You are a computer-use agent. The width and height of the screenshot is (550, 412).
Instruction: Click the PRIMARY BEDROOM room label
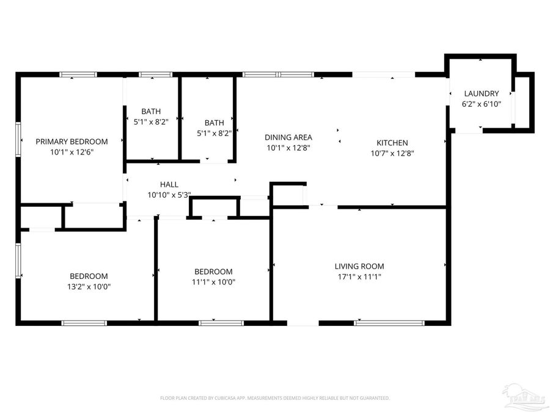coord(71,142)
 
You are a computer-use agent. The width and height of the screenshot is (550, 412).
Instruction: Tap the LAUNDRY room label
coord(481,93)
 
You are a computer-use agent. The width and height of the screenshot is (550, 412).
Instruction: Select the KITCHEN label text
coord(392,143)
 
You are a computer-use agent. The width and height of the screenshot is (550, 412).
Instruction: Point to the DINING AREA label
coord(288,137)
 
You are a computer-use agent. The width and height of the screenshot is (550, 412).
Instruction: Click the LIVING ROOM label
coord(359,266)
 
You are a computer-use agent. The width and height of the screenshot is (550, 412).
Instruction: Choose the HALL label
coord(169,184)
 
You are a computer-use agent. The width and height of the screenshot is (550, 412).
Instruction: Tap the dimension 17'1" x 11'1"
coord(359,276)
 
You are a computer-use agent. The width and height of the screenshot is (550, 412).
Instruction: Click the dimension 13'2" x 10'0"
coord(89,286)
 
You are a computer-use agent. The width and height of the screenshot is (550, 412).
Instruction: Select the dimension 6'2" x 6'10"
coord(481,104)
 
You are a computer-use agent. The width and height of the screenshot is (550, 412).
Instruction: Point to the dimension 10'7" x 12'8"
coord(392,153)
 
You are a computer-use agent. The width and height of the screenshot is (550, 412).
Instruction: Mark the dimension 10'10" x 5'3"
coord(169,195)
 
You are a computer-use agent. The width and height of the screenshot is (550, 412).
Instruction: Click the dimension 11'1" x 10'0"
coord(213,282)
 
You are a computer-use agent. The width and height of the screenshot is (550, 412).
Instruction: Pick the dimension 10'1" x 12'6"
coord(71,152)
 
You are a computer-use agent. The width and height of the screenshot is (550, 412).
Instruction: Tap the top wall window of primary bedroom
coord(78,74)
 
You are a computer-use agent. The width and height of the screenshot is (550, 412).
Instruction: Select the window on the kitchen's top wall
coord(384,74)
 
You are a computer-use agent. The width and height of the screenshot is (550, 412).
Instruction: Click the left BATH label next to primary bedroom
coord(151,111)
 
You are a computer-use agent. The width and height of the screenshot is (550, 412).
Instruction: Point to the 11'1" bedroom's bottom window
coord(221,322)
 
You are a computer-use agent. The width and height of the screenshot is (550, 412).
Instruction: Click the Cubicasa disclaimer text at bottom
coord(274,398)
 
